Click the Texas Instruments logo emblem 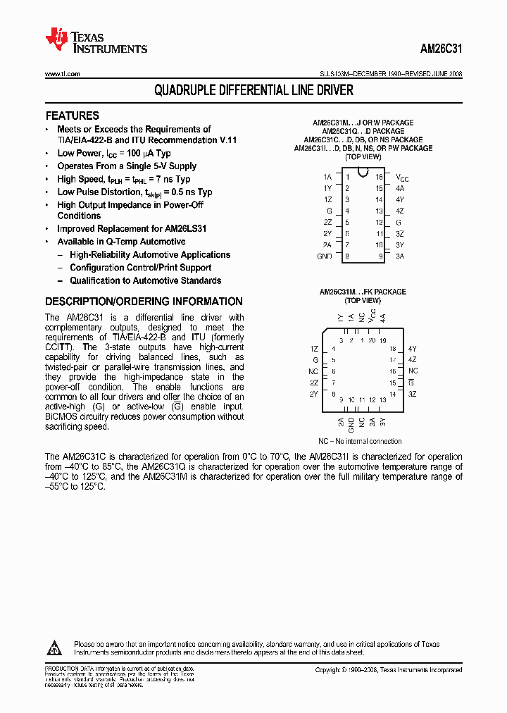(56, 39)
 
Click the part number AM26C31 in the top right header (441, 49)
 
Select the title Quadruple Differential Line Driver (254, 91)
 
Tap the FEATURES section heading (72, 116)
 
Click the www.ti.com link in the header (63, 74)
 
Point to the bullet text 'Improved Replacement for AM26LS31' (132, 229)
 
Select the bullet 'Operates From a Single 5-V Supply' (127, 166)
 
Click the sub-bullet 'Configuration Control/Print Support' (140, 268)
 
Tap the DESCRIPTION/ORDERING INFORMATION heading (144, 302)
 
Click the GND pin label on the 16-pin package (324, 256)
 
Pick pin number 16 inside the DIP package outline (379, 178)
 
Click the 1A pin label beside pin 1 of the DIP (327, 178)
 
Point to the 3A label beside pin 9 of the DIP (400, 256)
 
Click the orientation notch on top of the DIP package (363, 172)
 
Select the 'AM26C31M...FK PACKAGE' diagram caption (363, 292)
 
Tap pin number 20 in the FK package (373, 340)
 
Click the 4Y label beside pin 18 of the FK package (413, 349)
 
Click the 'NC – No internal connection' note (360, 441)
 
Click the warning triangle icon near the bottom (55, 647)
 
